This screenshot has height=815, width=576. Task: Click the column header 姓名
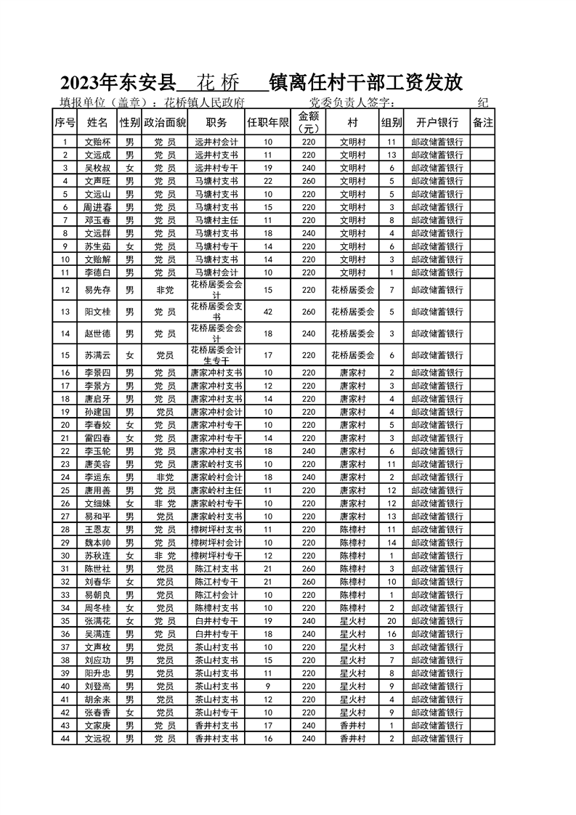(97, 122)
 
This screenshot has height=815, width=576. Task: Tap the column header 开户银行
(437, 122)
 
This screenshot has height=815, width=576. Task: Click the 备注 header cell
(483, 122)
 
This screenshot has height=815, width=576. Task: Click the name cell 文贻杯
(97, 142)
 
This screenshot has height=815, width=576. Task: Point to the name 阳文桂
(97, 312)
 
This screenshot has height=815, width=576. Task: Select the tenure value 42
(268, 312)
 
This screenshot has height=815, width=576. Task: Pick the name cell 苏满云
(97, 355)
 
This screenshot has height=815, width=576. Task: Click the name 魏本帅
(97, 543)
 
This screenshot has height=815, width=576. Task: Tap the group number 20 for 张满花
(392, 621)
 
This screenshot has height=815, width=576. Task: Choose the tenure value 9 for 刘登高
(268, 686)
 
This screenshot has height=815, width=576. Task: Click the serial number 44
(65, 739)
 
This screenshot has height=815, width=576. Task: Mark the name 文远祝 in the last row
(97, 739)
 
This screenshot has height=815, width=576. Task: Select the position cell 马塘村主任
(217, 220)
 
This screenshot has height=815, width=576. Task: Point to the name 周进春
(97, 207)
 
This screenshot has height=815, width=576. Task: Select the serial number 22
(65, 451)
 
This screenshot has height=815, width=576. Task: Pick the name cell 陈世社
(97, 569)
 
